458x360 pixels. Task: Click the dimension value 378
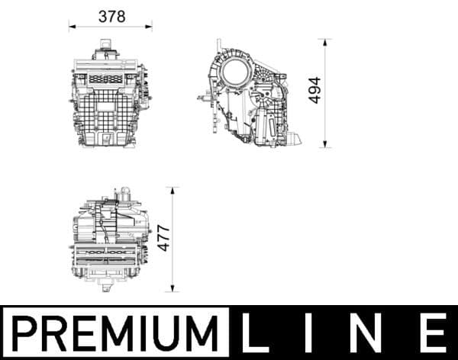tap(111, 16)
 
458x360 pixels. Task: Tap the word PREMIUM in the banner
tap(114, 333)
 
